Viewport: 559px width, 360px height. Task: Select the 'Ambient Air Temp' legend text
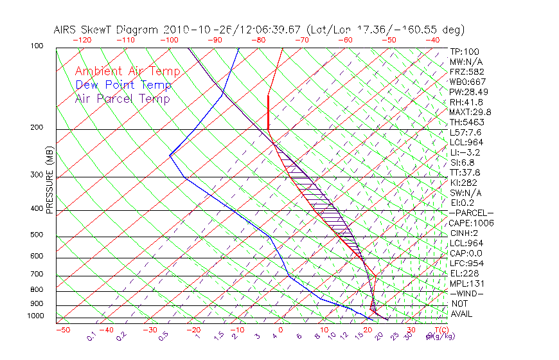128,71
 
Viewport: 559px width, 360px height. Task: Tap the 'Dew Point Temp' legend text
123,85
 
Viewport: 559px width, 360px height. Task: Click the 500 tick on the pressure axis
36,235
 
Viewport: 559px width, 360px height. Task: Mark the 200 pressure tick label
36,128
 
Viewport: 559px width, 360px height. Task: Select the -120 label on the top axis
82,40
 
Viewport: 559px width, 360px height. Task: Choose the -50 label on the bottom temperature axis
62,330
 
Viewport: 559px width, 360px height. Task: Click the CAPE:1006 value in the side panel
466,223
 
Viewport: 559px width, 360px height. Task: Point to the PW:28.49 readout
466,92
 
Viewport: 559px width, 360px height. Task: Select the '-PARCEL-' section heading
471,213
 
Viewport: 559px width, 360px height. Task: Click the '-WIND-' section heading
467,293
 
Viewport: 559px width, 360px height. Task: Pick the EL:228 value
462,273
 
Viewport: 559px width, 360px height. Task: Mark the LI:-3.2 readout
464,152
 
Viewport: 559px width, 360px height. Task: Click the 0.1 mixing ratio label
91,336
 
